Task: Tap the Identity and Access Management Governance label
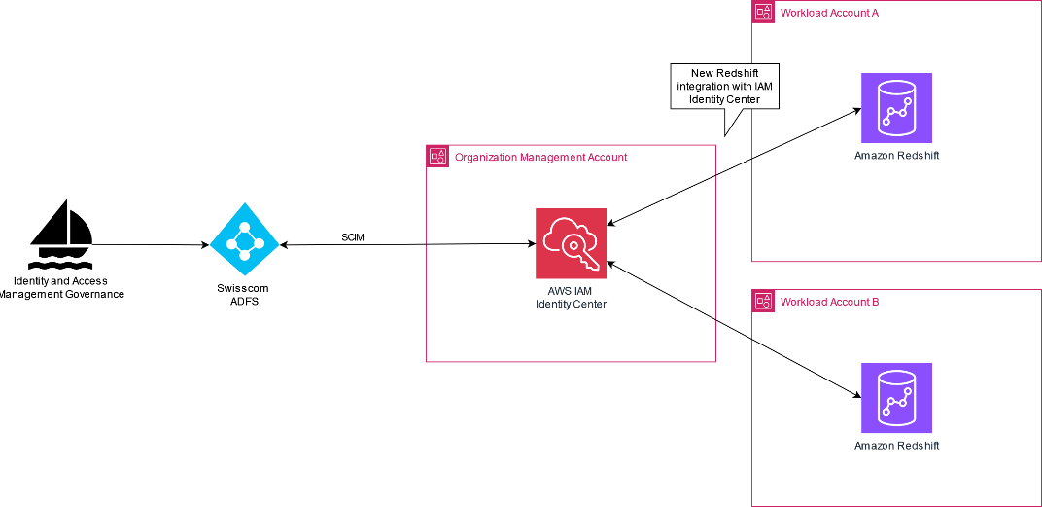62,287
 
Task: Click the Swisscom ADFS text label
244,295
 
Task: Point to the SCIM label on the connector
354,237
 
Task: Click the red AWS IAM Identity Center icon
571,243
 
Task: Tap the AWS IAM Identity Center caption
571,297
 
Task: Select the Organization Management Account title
540,157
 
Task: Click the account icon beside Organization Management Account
437,156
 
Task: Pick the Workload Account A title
829,13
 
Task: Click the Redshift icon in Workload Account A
896,108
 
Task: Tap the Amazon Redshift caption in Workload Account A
896,156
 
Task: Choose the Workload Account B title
829,302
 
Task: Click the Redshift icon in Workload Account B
896,398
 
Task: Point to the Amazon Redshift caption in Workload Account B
896,446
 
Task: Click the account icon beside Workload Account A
763,12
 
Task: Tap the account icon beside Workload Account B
763,301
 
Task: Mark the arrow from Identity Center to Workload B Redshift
734,328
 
